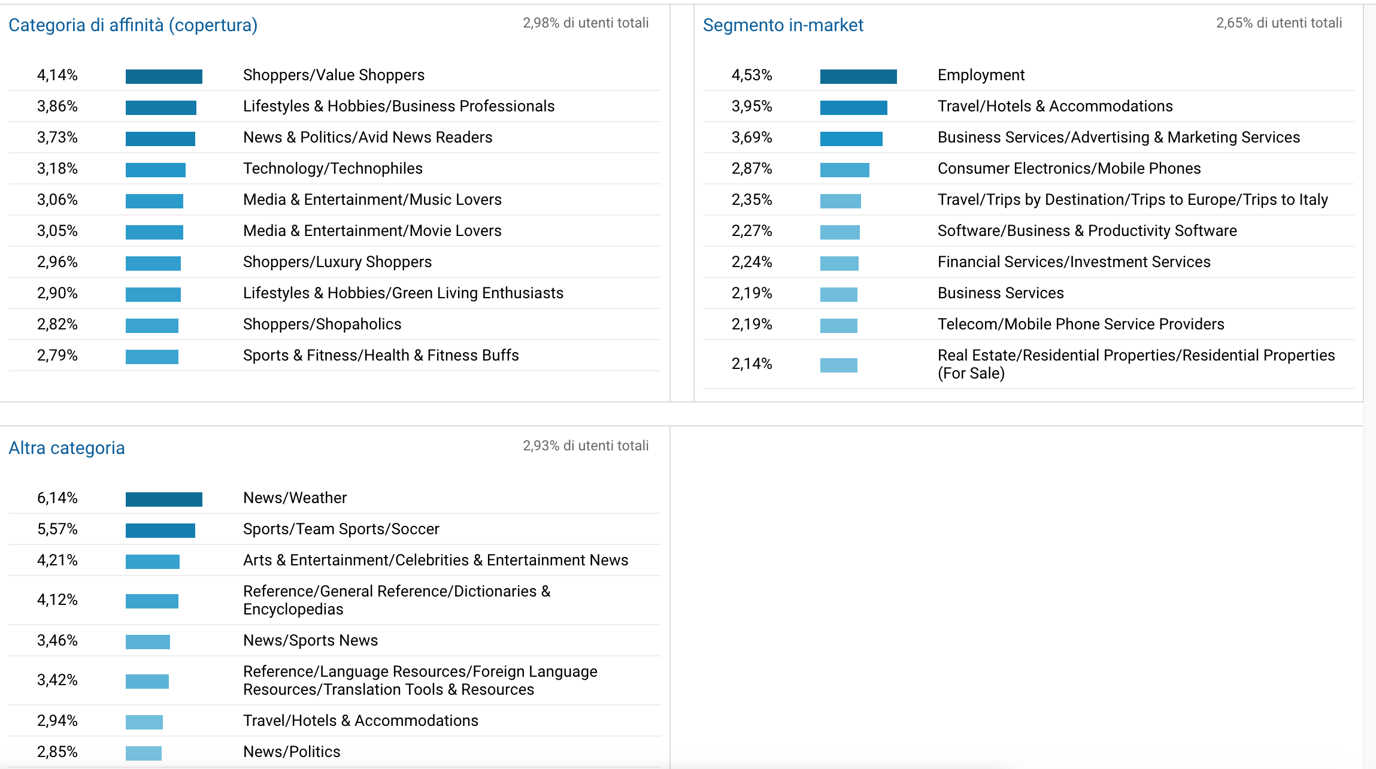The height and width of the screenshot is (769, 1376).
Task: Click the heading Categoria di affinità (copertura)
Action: tap(133, 25)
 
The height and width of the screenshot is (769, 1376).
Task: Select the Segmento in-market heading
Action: tap(783, 25)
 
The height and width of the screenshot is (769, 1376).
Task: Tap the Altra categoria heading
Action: tap(66, 448)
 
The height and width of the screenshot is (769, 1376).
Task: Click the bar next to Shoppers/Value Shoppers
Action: tap(163, 76)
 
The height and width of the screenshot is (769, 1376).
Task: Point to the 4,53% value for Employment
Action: tap(751, 75)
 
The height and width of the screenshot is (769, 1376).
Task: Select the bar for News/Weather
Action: tap(163, 499)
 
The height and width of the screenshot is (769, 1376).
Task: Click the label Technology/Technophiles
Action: tap(332, 169)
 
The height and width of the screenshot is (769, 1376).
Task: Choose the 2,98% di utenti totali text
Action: tap(585, 23)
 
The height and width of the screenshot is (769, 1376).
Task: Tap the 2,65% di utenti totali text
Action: tap(1278, 23)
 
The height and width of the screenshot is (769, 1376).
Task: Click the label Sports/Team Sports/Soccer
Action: tap(341, 529)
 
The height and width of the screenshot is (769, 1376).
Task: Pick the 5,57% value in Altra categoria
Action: tap(57, 529)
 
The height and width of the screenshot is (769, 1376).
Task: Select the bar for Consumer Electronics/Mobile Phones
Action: tap(844, 169)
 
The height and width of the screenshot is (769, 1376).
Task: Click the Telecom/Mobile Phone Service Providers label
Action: tap(1080, 325)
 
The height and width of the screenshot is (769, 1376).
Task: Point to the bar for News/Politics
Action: tap(144, 753)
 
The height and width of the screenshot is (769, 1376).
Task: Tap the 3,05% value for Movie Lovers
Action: tap(57, 231)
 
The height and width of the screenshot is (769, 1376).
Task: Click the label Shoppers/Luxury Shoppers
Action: tap(337, 262)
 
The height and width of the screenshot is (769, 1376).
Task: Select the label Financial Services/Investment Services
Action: tap(1074, 262)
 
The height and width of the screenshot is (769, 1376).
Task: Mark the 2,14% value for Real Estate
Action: tap(751, 364)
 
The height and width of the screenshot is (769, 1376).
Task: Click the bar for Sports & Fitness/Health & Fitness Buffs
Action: tap(151, 356)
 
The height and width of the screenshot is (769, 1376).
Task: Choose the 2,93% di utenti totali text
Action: tap(585, 446)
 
